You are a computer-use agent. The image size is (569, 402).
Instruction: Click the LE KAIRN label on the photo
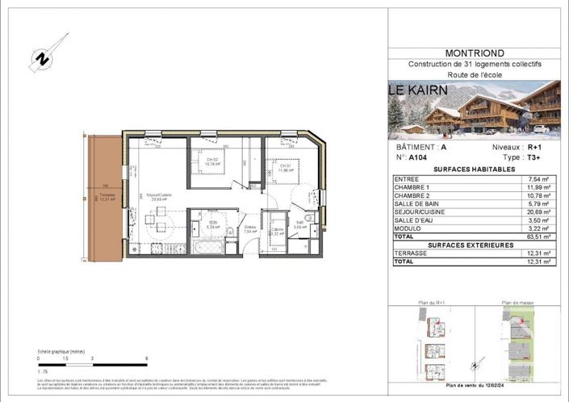point(418,90)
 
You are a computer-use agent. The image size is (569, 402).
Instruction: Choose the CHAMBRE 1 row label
point(412,187)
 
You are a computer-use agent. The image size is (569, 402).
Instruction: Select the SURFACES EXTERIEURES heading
point(473,245)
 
